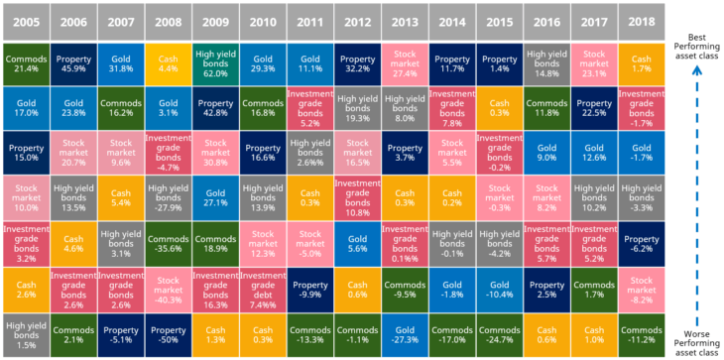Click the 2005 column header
click(x=24, y=19)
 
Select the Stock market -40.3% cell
click(x=167, y=288)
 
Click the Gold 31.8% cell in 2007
click(x=119, y=64)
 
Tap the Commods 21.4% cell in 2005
click(x=24, y=64)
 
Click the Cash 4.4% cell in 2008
click(x=167, y=64)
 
